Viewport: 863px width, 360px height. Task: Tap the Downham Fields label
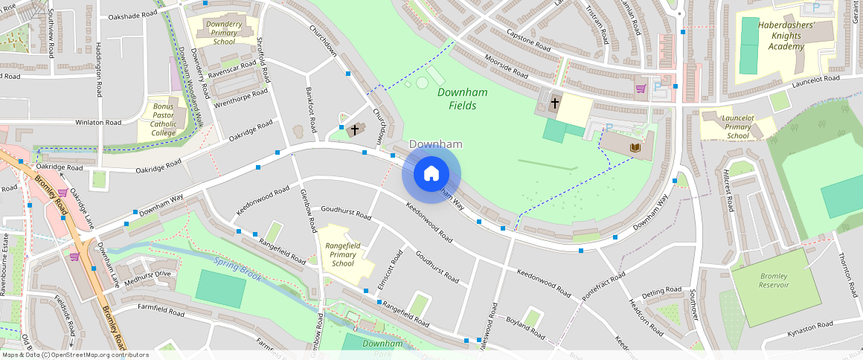[x=457, y=99]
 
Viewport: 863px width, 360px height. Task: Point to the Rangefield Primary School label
[x=343, y=254]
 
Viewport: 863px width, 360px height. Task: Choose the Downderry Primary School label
[x=224, y=33]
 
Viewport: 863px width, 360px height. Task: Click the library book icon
[x=635, y=148]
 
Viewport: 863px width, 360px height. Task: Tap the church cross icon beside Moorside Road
[x=555, y=104]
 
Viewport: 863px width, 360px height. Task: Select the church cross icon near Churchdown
[x=355, y=130]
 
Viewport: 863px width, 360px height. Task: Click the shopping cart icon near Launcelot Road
[x=641, y=89]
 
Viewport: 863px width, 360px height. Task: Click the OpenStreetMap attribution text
[x=75, y=355]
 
